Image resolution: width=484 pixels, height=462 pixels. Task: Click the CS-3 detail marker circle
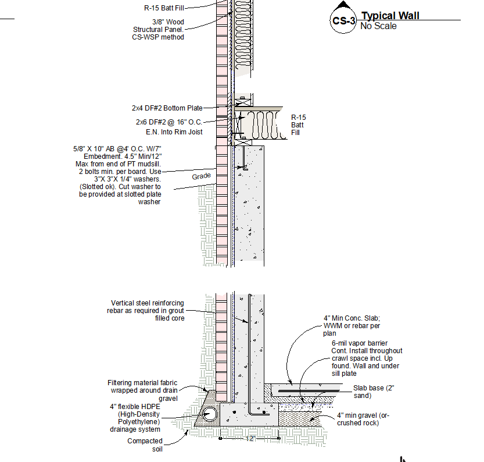coord(343,21)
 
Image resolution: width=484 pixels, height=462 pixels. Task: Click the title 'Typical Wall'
coord(390,16)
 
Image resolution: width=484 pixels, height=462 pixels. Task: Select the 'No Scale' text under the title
coord(378,26)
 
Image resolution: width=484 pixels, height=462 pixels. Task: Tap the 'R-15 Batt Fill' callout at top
coord(167,8)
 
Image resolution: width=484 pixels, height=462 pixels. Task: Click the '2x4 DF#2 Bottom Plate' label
coord(167,108)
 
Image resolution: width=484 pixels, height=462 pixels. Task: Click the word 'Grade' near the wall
coord(201,176)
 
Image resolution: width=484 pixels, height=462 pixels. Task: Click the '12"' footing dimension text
coord(250,439)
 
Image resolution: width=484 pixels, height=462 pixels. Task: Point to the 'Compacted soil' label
coord(145,445)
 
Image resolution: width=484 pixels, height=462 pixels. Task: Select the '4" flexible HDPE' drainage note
coord(135,418)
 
